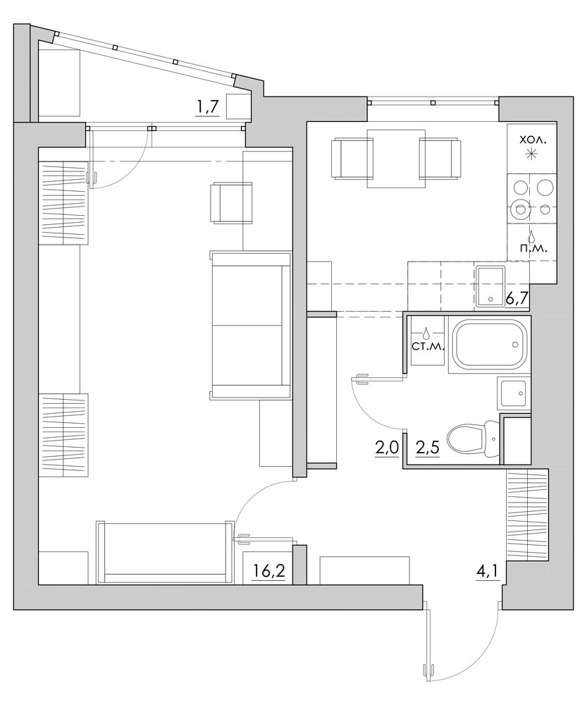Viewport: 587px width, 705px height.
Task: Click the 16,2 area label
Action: click(x=268, y=572)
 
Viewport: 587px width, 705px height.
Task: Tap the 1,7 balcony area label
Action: click(x=207, y=109)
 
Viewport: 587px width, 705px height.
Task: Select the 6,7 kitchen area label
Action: click(x=517, y=298)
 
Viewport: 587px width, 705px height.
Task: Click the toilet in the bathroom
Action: click(x=474, y=438)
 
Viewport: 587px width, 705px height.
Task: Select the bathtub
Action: click(x=490, y=345)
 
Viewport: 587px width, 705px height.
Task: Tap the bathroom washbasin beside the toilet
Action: click(x=514, y=393)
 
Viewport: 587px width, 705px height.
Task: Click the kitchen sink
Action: click(x=490, y=287)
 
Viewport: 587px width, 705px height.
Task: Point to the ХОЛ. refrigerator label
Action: click(x=533, y=140)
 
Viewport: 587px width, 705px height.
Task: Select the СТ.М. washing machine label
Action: click(x=428, y=347)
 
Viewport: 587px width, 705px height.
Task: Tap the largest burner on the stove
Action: click(x=521, y=209)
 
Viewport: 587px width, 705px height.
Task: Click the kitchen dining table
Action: click(x=396, y=158)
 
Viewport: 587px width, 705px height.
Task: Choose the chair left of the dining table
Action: click(x=352, y=159)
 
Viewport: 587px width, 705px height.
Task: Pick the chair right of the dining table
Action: click(x=440, y=159)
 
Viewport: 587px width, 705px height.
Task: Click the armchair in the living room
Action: click(x=231, y=202)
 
